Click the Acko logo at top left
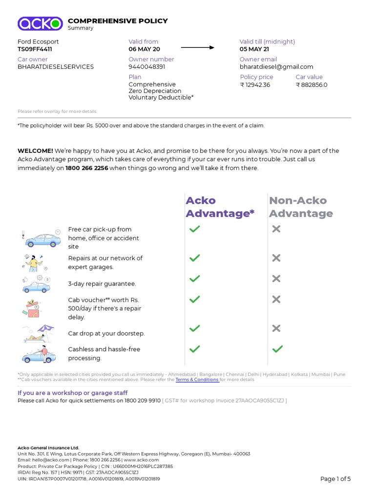(x=40, y=23)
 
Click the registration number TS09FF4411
(x=35, y=49)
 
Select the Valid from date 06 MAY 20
(x=144, y=49)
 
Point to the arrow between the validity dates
(x=197, y=47)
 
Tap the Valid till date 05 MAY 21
(x=254, y=49)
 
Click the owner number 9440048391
(x=146, y=67)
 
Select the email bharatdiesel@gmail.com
(x=276, y=67)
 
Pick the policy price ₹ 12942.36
(x=255, y=85)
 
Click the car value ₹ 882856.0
(x=312, y=85)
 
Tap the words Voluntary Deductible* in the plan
(x=161, y=98)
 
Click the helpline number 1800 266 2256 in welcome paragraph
(x=87, y=168)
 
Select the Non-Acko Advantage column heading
(x=301, y=207)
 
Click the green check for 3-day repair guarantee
(x=194, y=278)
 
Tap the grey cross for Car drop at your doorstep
(x=276, y=328)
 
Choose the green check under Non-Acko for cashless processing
(x=277, y=349)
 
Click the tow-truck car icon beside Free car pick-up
(x=42, y=238)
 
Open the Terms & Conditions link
(x=197, y=379)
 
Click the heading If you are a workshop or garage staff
(x=72, y=393)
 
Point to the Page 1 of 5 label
(x=335, y=479)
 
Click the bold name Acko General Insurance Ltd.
(x=48, y=448)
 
